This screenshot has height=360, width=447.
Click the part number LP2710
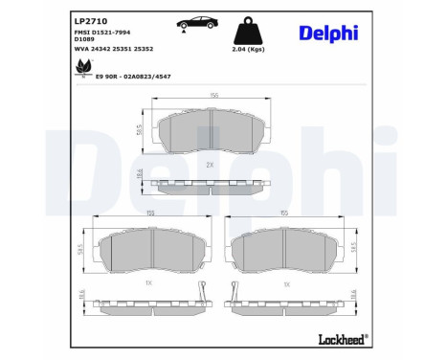(x=90, y=20)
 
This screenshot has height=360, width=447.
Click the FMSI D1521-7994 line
(x=102, y=33)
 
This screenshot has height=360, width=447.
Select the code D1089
(x=85, y=41)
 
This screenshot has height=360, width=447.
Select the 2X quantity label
(x=209, y=165)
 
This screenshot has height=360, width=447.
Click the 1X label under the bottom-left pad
(x=148, y=284)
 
